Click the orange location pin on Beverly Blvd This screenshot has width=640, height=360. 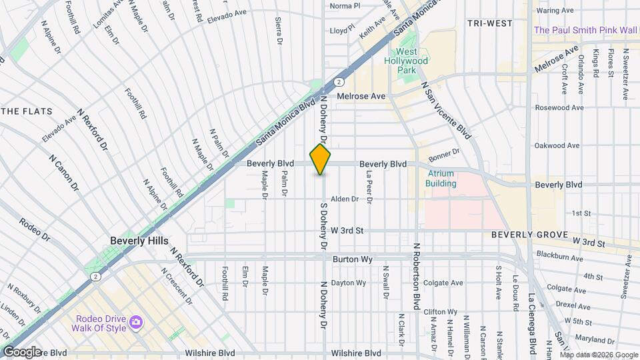321,159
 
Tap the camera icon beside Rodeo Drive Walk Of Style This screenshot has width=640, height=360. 137,323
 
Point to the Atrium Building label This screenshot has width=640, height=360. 441,179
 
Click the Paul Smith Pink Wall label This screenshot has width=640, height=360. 586,30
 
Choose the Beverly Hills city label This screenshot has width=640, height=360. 139,241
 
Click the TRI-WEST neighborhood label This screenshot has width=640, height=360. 489,23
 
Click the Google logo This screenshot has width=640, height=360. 21,351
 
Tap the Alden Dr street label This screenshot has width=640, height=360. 345,199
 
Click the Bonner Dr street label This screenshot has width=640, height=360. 445,155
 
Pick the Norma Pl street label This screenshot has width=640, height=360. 345,6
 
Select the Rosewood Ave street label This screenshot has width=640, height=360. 559,107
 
